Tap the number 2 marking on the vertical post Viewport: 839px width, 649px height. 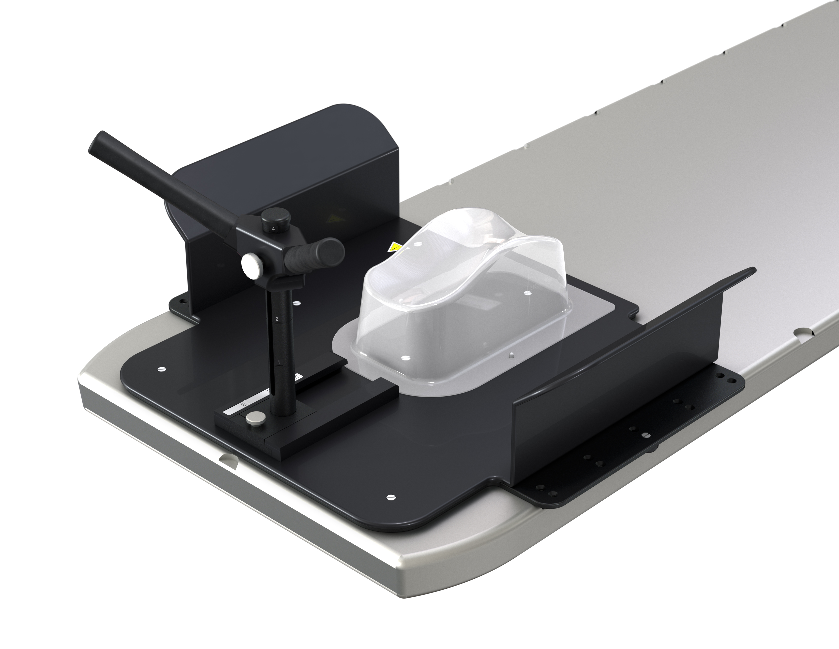coord(277,319)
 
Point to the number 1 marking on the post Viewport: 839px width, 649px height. coord(278,362)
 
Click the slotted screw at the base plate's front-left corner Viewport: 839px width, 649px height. coord(160,370)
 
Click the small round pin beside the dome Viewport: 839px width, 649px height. coord(511,355)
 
